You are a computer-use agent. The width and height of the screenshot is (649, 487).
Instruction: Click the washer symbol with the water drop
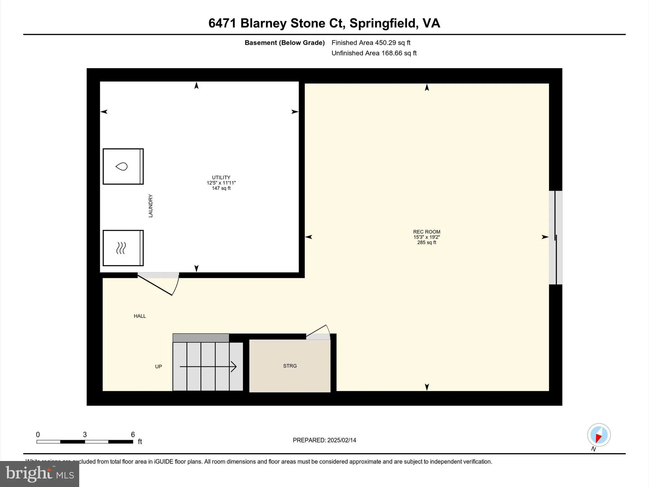(x=123, y=166)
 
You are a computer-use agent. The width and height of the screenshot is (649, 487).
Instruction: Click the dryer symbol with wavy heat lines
(x=123, y=248)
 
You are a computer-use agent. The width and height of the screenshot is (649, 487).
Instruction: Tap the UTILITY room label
(x=221, y=178)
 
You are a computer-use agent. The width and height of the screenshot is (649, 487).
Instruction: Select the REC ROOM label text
(x=427, y=232)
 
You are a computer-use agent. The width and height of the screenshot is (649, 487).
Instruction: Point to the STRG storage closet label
(x=290, y=366)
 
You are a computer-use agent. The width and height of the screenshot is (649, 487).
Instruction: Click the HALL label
(x=140, y=316)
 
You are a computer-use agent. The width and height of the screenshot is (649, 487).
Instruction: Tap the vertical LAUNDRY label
(x=151, y=206)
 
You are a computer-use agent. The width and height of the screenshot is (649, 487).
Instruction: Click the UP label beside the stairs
(x=158, y=367)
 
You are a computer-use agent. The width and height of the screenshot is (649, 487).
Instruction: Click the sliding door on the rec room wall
(x=556, y=237)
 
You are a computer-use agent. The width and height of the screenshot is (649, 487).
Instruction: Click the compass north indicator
(x=599, y=435)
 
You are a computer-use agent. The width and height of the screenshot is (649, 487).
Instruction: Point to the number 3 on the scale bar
(x=85, y=435)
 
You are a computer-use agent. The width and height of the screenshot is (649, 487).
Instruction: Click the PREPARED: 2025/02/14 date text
(x=324, y=440)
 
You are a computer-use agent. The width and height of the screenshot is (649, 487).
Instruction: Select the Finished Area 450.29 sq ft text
(x=371, y=43)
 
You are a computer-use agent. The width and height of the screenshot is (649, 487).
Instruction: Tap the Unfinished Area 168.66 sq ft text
(x=374, y=53)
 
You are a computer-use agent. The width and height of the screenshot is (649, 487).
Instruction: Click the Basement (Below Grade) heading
(x=285, y=43)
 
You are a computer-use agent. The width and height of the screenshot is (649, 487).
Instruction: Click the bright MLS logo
(x=40, y=474)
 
